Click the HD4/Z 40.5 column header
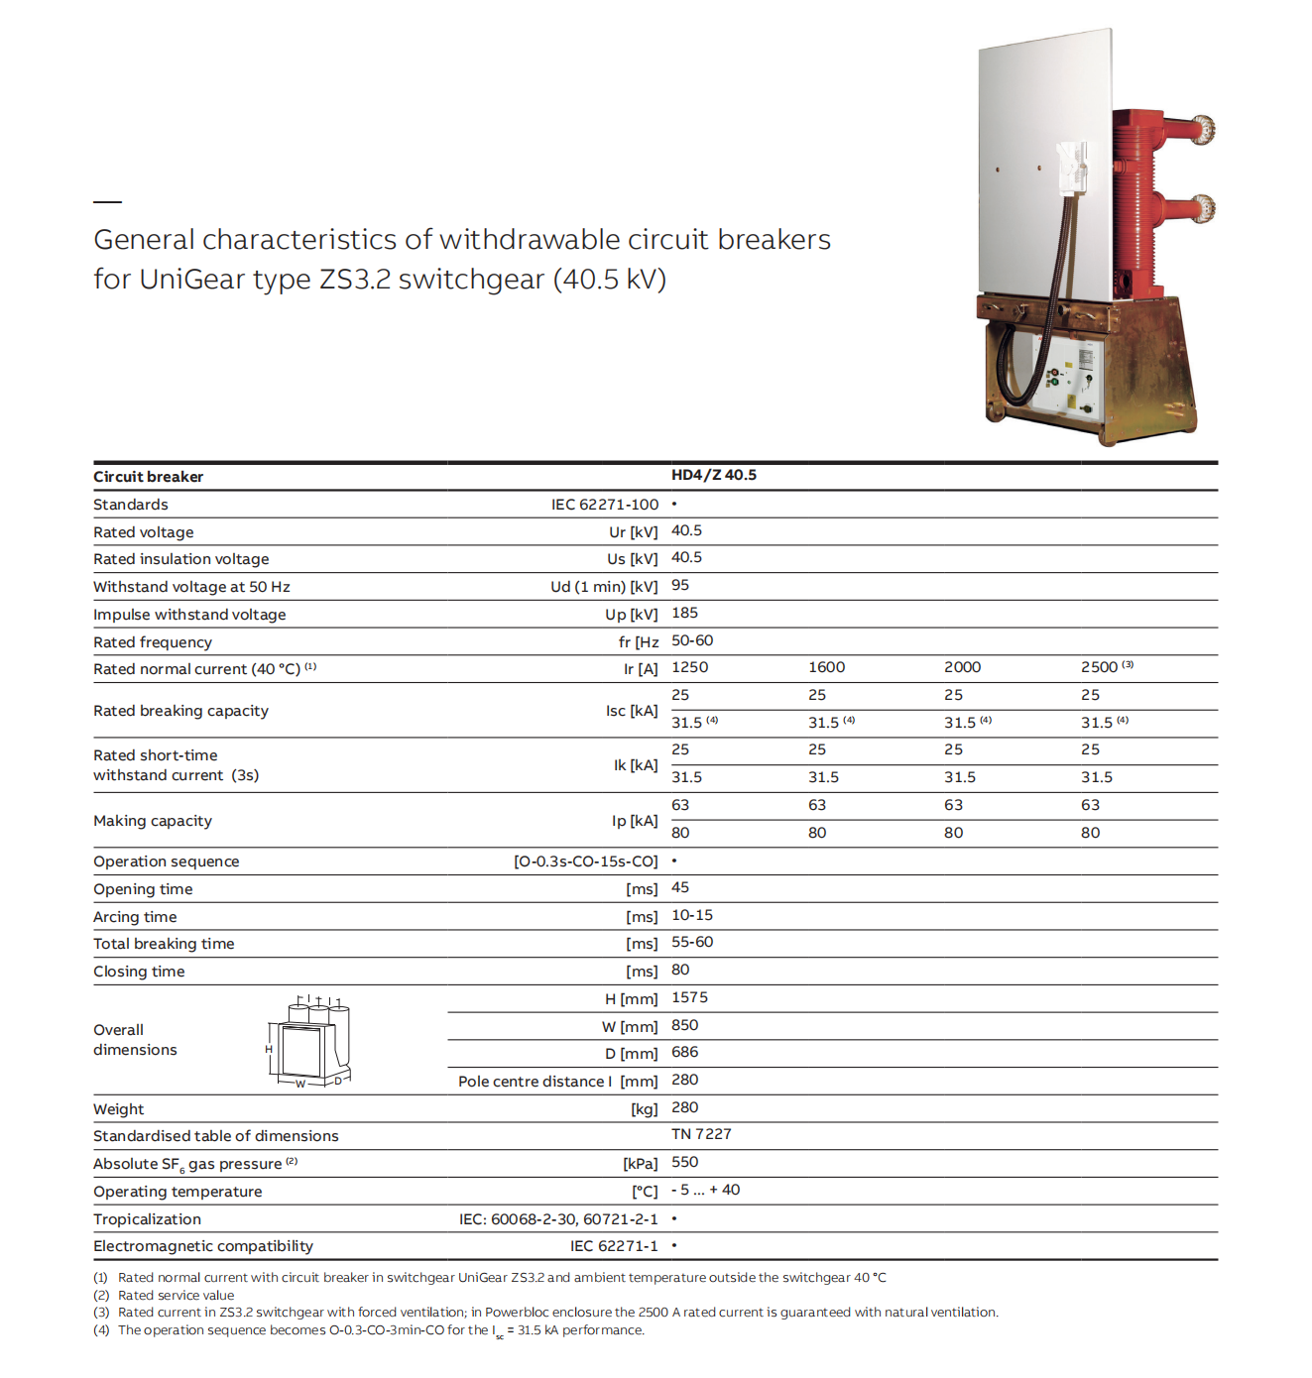[x=713, y=475]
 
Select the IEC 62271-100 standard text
[x=604, y=505]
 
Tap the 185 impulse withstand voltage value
[x=684, y=613]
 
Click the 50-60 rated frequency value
[x=692, y=640]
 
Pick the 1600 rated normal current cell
[x=826, y=667]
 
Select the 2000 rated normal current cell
[x=962, y=667]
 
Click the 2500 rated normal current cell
[x=1099, y=667]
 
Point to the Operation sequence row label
[x=167, y=861]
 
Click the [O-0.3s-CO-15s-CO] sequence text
[x=585, y=861]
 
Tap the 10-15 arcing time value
[x=692, y=915]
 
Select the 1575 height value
[x=689, y=997]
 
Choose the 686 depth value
[x=684, y=1052]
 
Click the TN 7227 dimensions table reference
[x=701, y=1134]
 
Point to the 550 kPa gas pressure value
[x=684, y=1162]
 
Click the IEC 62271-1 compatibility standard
[x=614, y=1246]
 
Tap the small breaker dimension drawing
[x=308, y=1041]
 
